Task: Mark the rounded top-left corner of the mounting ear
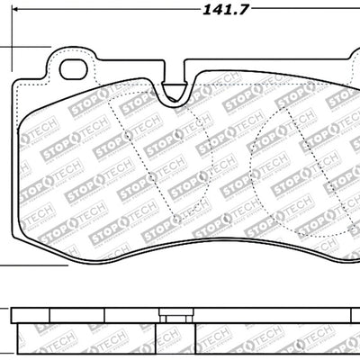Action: (x=49, y=52)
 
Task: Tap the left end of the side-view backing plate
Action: (x=17, y=318)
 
